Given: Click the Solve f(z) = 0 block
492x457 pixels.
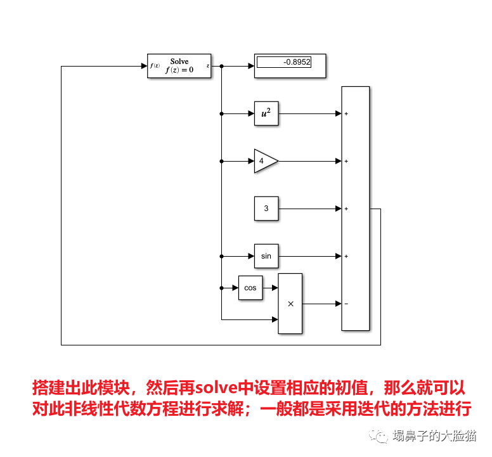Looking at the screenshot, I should (179, 66).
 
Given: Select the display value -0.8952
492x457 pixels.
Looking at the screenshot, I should (284, 62).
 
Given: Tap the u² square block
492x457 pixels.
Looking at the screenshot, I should (266, 114).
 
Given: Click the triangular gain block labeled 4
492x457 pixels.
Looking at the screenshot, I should (264, 161).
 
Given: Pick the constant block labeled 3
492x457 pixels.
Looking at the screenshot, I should (266, 209).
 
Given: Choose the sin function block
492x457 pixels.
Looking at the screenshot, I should (266, 256).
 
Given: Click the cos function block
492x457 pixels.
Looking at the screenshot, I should (250, 288).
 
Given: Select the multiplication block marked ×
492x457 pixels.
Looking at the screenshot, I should (290, 304).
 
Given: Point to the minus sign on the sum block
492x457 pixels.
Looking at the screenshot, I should (346, 304).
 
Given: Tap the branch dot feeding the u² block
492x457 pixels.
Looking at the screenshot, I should (221, 114).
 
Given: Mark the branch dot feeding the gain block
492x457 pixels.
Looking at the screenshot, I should (221, 161).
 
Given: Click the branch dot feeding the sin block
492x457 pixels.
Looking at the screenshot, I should (221, 256).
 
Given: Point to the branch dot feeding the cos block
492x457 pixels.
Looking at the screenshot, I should (221, 288).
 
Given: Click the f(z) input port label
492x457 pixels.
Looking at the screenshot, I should (155, 66).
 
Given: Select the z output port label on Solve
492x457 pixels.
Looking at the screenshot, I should (207, 66).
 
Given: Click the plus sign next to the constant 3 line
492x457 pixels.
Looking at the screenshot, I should (346, 209).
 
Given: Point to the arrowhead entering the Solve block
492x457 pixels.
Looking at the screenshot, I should (143, 66).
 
